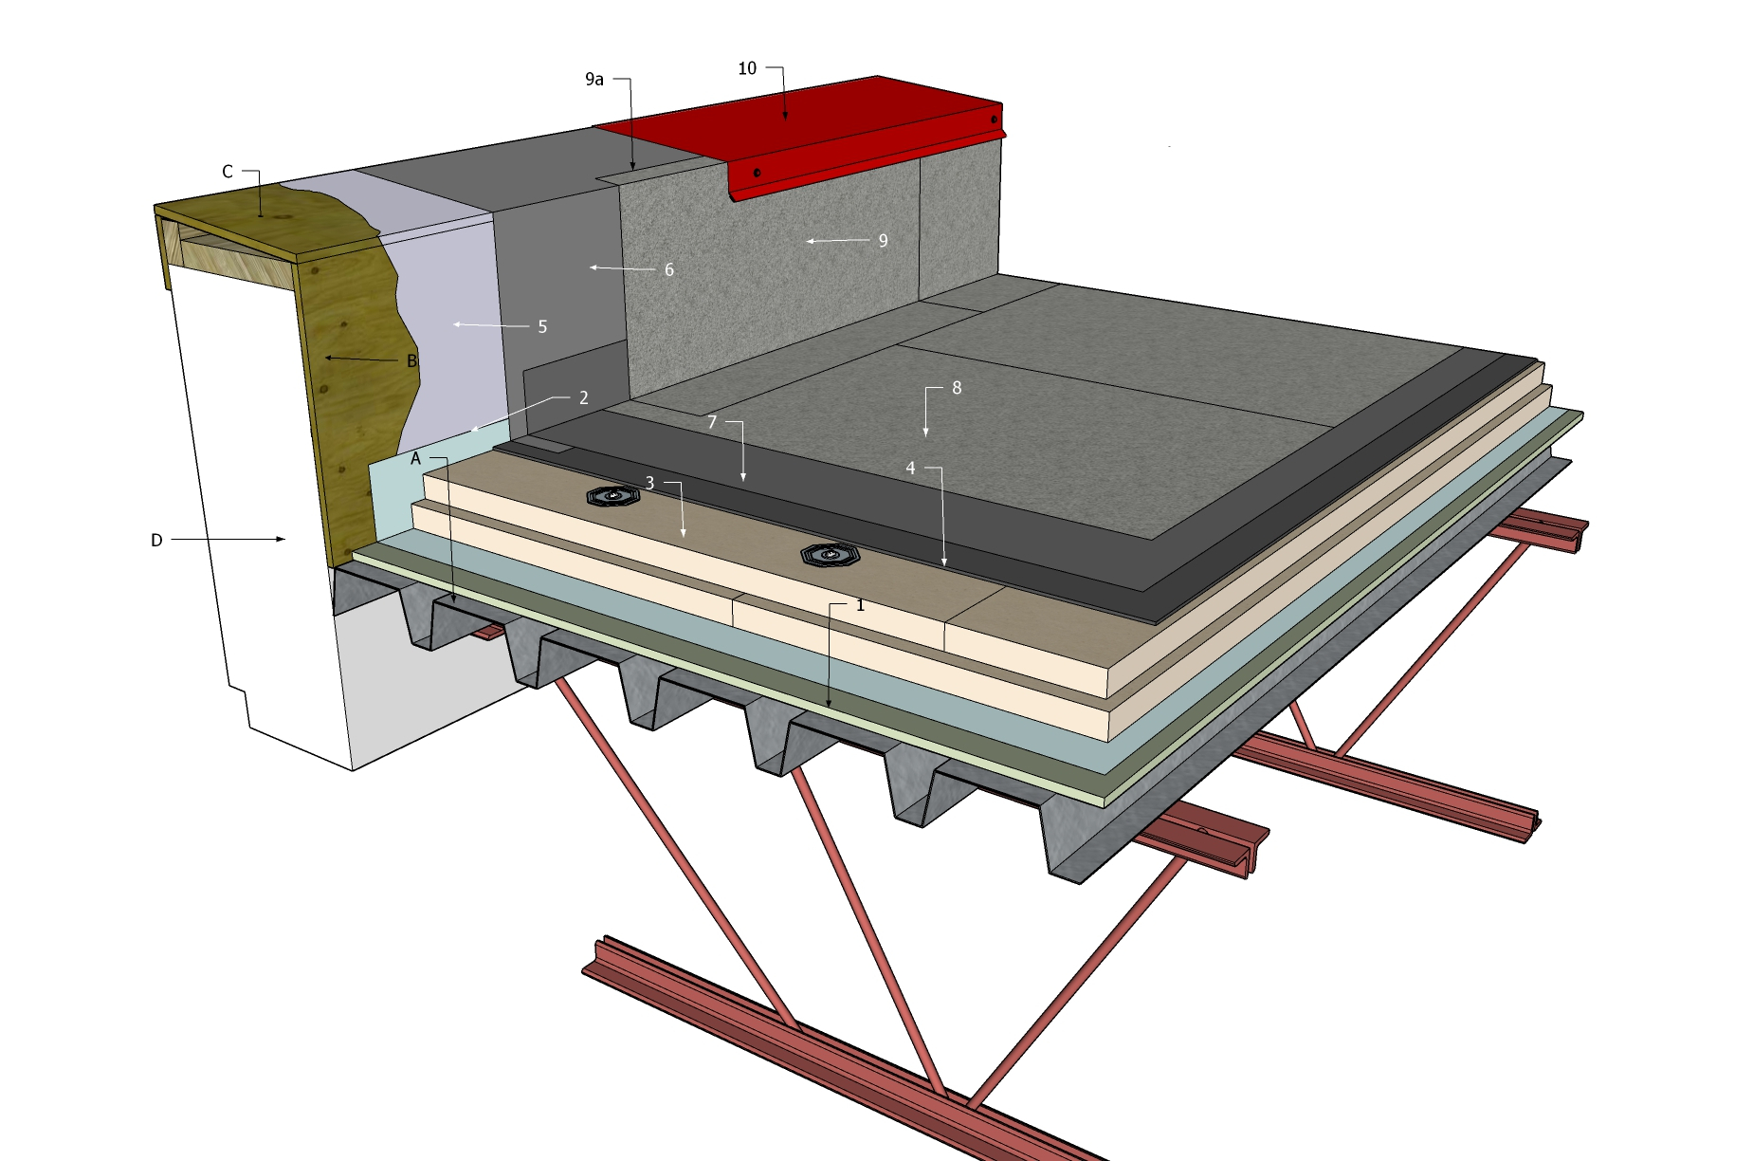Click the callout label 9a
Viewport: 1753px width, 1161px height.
coord(594,80)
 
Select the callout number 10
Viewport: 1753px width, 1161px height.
coord(747,68)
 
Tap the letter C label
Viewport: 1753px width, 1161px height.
coord(228,172)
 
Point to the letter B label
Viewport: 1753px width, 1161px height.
coord(411,361)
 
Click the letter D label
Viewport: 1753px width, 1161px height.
coord(156,541)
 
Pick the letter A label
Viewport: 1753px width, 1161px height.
coord(415,459)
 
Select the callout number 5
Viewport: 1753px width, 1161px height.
coord(542,327)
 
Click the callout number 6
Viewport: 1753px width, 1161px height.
coord(669,270)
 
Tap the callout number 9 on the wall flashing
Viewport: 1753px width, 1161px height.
coord(883,241)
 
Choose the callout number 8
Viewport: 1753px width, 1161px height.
coord(957,388)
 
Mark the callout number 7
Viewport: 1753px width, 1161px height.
coord(712,422)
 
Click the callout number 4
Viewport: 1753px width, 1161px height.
coord(910,469)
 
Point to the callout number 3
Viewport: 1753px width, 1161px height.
coord(649,484)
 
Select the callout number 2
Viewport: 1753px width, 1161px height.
coord(584,398)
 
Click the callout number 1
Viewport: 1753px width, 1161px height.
coord(860,605)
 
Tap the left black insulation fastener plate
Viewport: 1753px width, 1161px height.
coord(612,496)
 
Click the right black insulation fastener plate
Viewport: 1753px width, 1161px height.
coord(831,554)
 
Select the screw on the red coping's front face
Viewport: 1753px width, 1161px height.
coord(757,173)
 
